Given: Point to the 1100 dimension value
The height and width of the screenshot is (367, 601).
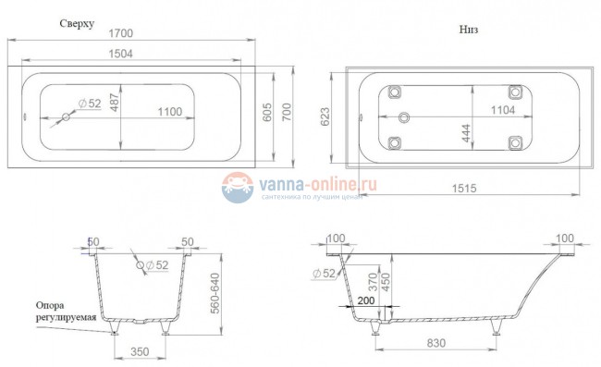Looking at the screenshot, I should [167, 112].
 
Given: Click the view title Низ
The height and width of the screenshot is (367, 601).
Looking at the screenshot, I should [468, 29].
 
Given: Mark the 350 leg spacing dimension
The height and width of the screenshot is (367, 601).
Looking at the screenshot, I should [138, 352].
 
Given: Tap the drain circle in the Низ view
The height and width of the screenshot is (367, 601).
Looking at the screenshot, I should [403, 117].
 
